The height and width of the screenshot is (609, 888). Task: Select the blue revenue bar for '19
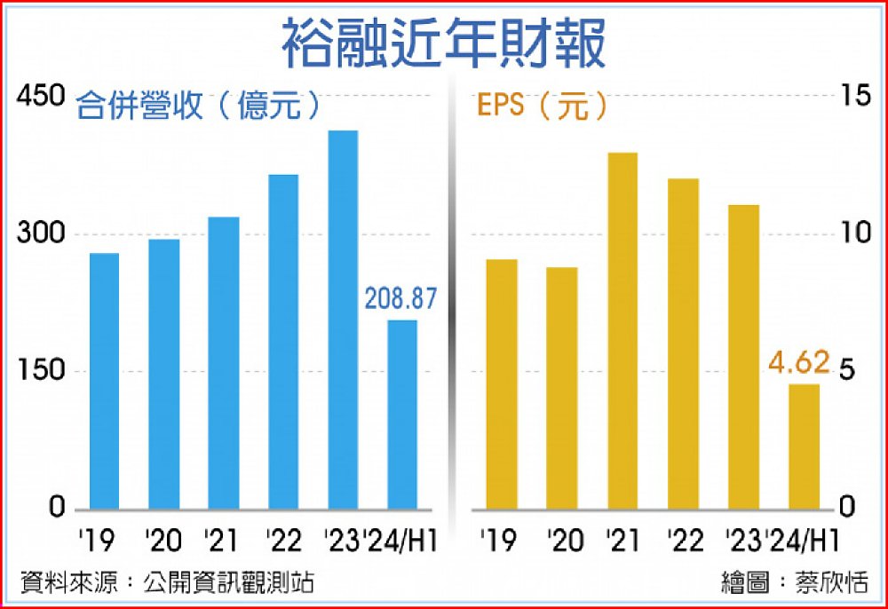104,382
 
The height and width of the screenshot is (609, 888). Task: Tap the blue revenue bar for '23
342,320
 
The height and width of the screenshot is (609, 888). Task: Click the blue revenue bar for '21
223,363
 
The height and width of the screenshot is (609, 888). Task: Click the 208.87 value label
401,299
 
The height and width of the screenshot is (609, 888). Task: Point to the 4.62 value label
799,363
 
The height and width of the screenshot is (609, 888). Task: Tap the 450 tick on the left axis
42,97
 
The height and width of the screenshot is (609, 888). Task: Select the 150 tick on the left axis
42,371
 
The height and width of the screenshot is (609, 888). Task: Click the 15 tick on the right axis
856,97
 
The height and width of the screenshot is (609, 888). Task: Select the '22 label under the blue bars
282,539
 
